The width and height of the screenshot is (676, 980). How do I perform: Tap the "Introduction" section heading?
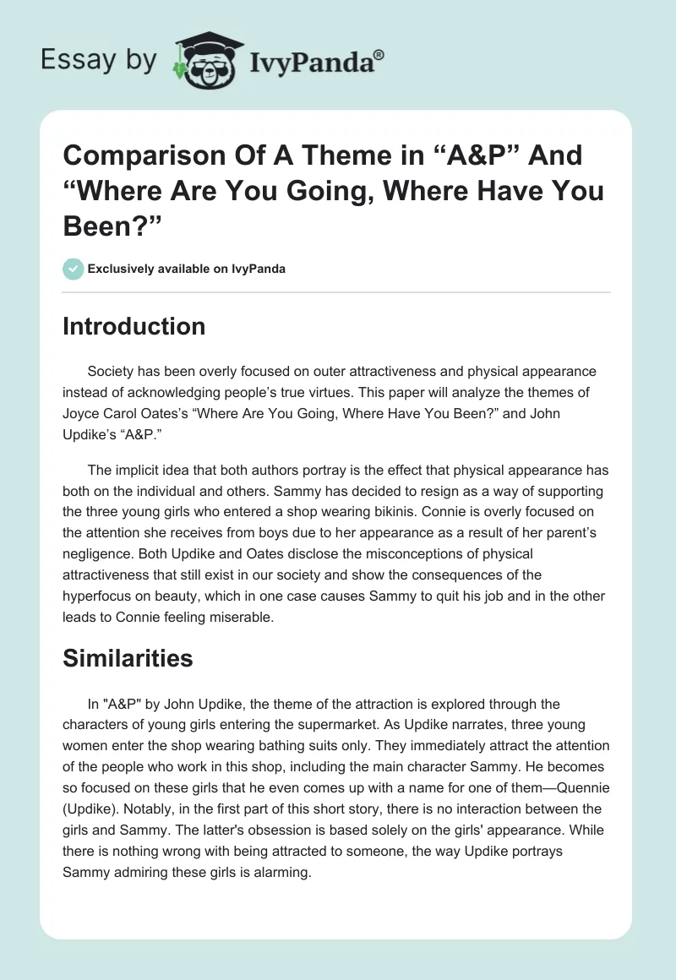click(134, 326)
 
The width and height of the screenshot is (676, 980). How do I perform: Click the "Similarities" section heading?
click(128, 658)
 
